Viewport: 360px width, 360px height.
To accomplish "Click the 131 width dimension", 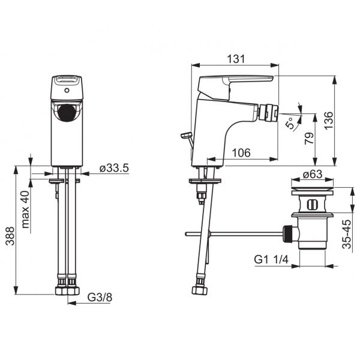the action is click(x=236, y=59).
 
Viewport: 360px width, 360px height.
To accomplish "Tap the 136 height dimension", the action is click(x=328, y=121).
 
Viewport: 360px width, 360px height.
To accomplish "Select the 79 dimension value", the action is click(x=309, y=138).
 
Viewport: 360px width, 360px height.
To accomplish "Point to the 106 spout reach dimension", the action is click(x=241, y=152).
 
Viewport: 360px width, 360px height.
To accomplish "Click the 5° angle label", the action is click(x=290, y=123).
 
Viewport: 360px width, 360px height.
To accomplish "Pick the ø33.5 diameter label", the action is click(x=114, y=168).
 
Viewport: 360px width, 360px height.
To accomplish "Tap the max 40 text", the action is click(x=25, y=209).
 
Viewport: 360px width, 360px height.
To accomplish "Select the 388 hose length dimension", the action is click(x=10, y=236).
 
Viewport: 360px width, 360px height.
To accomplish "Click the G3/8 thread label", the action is click(x=100, y=298).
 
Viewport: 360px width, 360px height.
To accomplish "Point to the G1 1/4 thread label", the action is click(x=271, y=260).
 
